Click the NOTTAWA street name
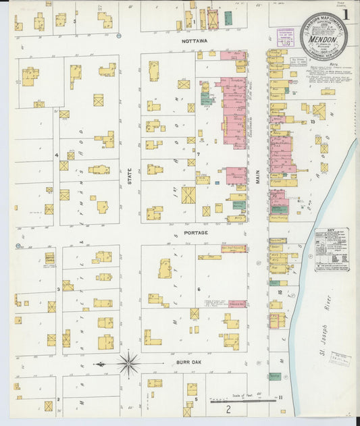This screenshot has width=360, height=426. pos(194,41)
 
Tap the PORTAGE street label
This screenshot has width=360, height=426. pos(195,232)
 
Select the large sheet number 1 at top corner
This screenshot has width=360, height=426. pos(346,14)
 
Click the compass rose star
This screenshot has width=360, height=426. pos(128,363)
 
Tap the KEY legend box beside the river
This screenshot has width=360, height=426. pos(332,249)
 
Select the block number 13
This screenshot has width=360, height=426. pos(313,122)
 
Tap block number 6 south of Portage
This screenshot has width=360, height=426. pos(199,289)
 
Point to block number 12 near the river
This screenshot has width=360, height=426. pos(279,292)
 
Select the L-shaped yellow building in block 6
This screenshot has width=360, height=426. pos(152,337)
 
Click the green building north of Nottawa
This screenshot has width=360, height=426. pos(228,18)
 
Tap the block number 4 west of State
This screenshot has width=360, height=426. pos(57,155)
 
